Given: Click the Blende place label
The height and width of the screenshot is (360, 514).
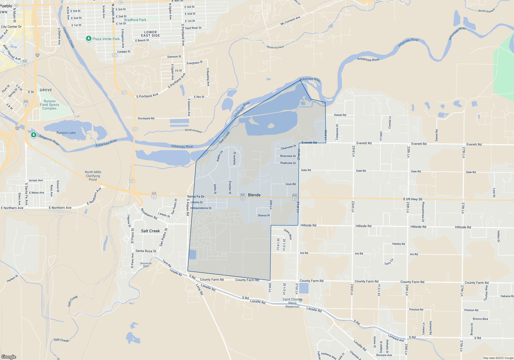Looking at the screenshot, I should [x=254, y=195].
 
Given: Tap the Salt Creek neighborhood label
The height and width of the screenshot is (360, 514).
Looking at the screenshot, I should [x=150, y=231].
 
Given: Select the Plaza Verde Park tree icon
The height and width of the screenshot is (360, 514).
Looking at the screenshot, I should [x=89, y=39].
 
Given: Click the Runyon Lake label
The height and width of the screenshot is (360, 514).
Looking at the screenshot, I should [x=66, y=133].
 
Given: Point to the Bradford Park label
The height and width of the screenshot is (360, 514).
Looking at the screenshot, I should [x=135, y=20].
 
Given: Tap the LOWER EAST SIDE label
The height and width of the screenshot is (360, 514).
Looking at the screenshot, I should [x=150, y=34].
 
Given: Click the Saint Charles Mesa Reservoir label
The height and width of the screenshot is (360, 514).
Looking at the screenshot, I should [x=292, y=303].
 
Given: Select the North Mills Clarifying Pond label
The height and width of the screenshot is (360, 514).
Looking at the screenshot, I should [x=93, y=176].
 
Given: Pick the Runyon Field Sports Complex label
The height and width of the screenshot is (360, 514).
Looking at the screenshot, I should [x=50, y=105].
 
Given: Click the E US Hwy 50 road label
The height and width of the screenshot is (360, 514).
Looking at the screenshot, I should [x=412, y=199].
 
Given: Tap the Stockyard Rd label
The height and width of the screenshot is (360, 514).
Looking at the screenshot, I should [x=146, y=119].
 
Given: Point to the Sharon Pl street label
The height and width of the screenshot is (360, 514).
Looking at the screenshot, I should [x=264, y=215].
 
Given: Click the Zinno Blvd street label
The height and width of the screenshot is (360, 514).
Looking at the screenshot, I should [x=288, y=234].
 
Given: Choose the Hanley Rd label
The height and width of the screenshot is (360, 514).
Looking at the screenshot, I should [x=398, y=244].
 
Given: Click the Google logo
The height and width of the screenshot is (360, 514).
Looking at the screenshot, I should [x=9, y=357].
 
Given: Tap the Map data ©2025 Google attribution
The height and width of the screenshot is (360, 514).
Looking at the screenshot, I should [x=498, y=358].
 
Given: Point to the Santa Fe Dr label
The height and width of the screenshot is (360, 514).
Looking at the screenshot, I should [x=196, y=196].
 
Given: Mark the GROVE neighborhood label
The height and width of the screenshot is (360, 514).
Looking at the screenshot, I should [x=46, y=90].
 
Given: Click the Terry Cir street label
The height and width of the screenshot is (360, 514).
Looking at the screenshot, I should [x=389, y=262].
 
